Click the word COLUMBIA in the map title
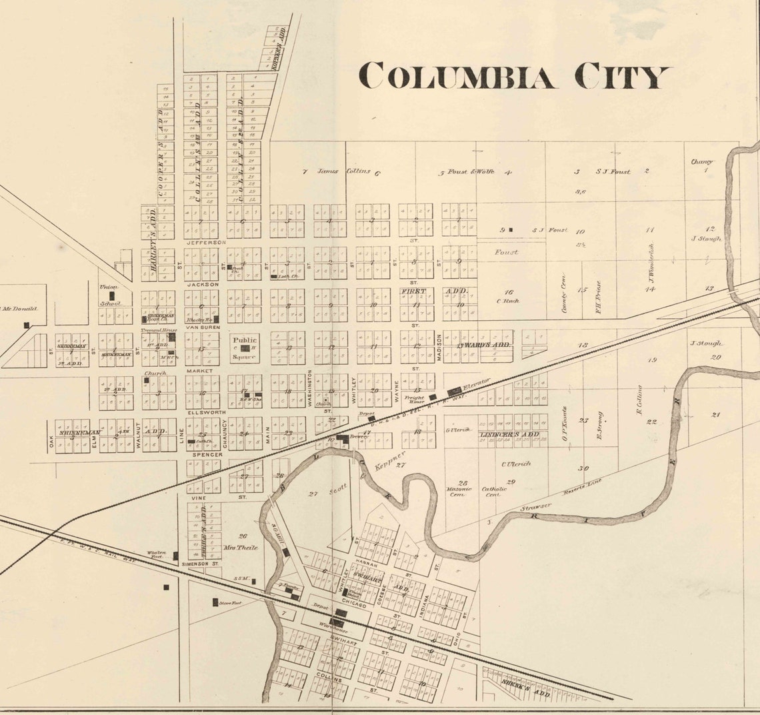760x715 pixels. [457, 76]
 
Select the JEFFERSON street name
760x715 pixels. [207, 243]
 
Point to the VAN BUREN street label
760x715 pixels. [203, 327]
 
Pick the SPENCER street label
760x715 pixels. [203, 455]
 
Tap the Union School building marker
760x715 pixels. [113, 294]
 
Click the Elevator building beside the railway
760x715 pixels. [455, 391]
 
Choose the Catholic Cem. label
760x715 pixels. [491, 492]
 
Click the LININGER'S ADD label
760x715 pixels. [510, 435]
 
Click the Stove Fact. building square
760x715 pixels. [215, 602]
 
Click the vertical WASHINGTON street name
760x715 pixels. [310, 389]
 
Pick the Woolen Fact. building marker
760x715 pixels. [176, 556]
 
